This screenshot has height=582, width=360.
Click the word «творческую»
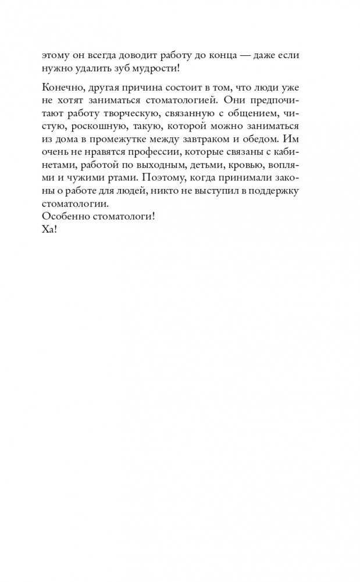(134, 114)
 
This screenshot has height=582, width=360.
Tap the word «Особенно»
(65, 216)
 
